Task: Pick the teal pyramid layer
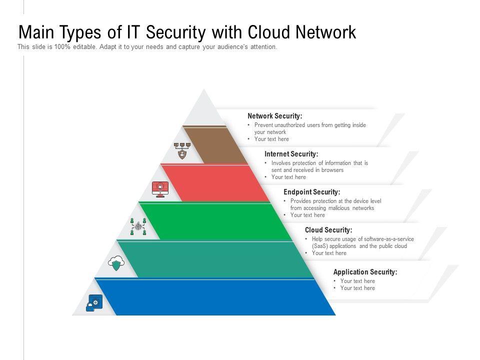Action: click(x=220, y=259)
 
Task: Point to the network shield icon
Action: click(x=182, y=150)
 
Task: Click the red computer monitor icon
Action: click(x=160, y=189)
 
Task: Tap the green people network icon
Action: click(x=138, y=226)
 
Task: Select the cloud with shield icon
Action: click(x=116, y=263)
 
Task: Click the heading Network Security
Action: click(x=274, y=116)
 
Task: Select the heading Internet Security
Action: click(x=291, y=154)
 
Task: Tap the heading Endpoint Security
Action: click(x=311, y=192)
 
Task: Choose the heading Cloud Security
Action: click(x=328, y=230)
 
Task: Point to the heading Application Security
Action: click(x=365, y=272)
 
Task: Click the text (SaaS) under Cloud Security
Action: click(x=320, y=246)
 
